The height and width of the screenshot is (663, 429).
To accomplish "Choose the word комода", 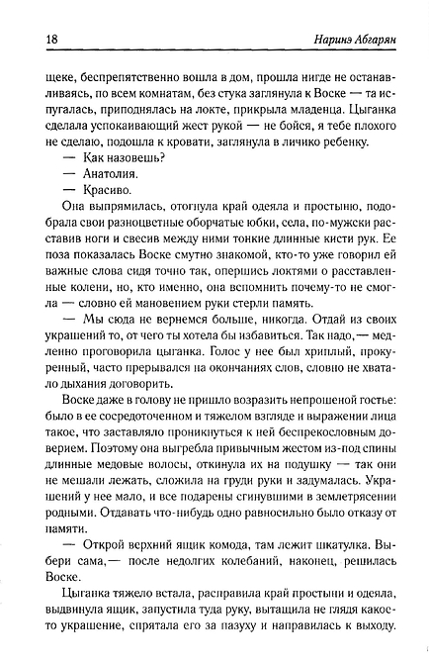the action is pyautogui.click(x=232, y=547).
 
